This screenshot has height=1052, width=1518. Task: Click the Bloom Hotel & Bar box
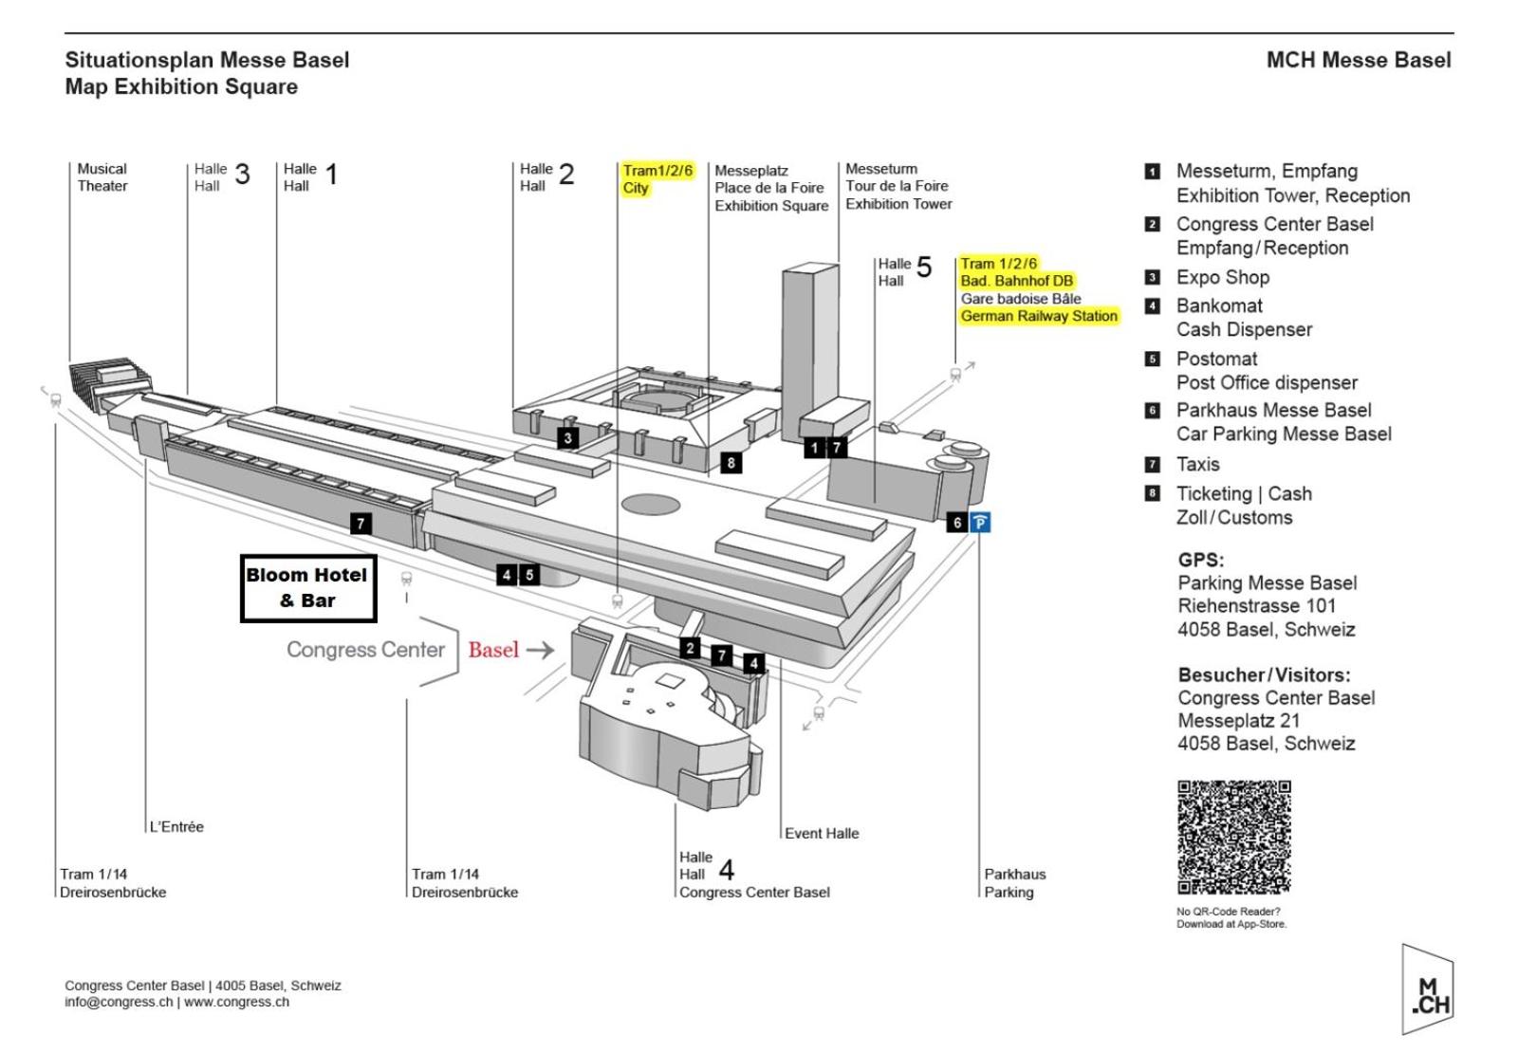tap(307, 588)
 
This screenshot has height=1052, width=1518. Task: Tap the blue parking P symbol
tap(980, 522)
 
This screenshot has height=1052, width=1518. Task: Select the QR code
tap(1233, 837)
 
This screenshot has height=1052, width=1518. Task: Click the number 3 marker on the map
tap(567, 437)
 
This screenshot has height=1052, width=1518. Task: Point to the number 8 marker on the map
tap(731, 463)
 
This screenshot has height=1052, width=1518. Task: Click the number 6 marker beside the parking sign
tap(957, 522)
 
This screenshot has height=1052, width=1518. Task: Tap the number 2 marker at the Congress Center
tap(691, 648)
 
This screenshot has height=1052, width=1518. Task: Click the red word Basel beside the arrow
tap(493, 650)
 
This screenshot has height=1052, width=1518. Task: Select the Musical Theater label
tap(102, 177)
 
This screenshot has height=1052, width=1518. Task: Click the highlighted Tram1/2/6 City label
tap(657, 179)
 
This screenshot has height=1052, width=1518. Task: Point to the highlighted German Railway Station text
tap(1039, 316)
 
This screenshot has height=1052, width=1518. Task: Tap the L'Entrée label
tap(176, 826)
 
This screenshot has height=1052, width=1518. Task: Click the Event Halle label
tap(822, 833)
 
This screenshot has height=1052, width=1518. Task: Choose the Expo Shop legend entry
tap(1222, 277)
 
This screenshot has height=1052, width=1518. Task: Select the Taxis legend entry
tap(1197, 464)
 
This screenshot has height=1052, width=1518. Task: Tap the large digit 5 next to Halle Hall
tap(924, 268)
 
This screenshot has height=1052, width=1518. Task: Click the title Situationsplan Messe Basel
tap(207, 60)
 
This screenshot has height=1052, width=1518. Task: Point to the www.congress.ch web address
tap(236, 1002)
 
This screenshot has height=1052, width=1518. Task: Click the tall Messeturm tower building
tap(809, 351)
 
